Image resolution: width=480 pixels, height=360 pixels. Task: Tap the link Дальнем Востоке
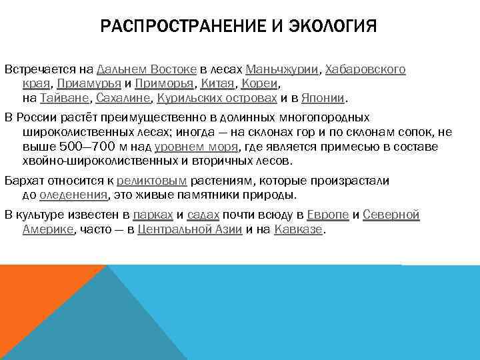tap(146, 69)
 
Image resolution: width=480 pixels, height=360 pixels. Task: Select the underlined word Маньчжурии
tap(283, 69)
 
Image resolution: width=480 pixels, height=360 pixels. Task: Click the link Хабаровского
tap(366, 69)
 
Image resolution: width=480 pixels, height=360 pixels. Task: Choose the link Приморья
tap(165, 84)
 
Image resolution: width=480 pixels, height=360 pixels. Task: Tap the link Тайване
tap(65, 99)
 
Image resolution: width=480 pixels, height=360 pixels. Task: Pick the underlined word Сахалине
tap(123, 99)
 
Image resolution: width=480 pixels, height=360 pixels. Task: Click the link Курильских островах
tap(217, 99)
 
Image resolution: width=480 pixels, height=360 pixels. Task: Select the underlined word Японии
tap(323, 99)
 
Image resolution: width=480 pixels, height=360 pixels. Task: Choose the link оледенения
tap(73, 195)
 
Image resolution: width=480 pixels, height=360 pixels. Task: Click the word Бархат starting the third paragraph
tap(22, 181)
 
